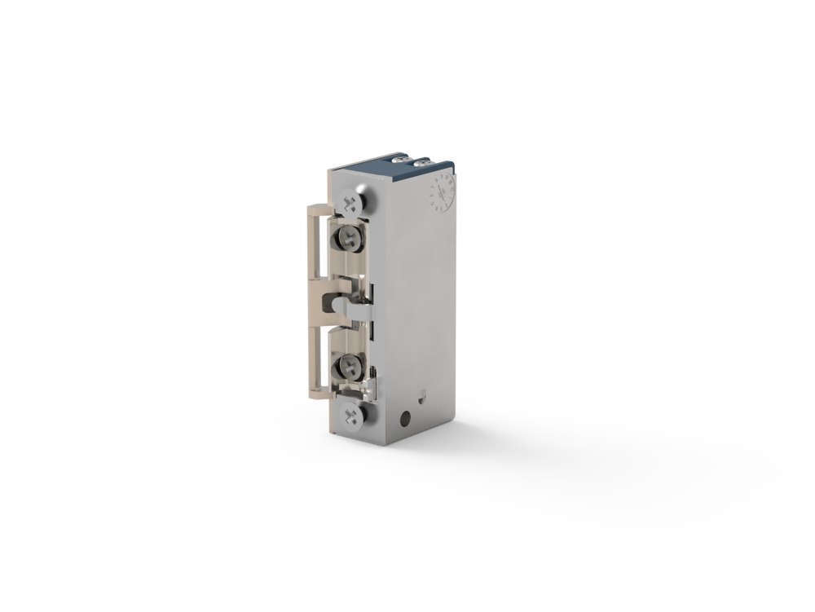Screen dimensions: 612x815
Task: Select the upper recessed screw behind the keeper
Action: click(350, 239)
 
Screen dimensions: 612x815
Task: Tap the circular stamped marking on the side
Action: click(440, 194)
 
